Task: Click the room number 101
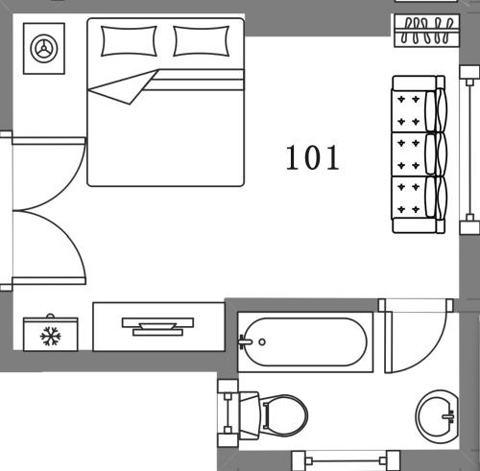pyautogui.click(x=312, y=156)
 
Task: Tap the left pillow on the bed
pyautogui.click(x=129, y=41)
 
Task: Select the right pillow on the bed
pyautogui.click(x=203, y=41)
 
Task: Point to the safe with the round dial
pyautogui.click(x=43, y=47)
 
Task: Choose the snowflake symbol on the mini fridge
pyautogui.click(x=50, y=336)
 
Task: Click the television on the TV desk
pyautogui.click(x=157, y=325)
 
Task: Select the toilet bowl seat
pyautogui.click(x=286, y=413)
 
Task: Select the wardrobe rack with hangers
pyautogui.click(x=421, y=29)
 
